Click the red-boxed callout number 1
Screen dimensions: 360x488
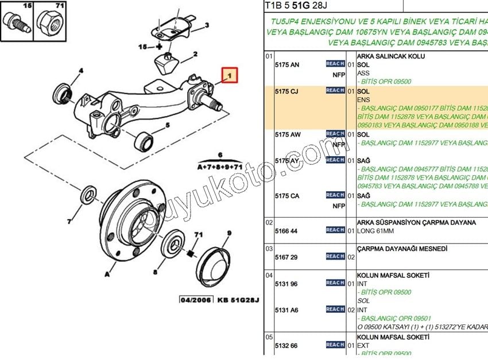(230, 75)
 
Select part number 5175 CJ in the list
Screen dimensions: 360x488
(287, 91)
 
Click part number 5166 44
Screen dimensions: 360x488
(287, 231)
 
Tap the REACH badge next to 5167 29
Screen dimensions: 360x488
(335, 257)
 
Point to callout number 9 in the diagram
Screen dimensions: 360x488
(228, 234)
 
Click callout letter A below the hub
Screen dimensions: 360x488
(107, 274)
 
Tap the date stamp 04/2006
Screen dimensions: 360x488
(196, 300)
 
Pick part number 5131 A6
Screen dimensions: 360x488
(287, 310)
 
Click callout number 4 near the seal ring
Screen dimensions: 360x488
(81, 71)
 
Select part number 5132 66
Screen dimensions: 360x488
(287, 346)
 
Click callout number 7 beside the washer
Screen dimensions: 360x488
(68, 221)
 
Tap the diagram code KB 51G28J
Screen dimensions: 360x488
(238, 300)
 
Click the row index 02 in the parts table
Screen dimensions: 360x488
(269, 222)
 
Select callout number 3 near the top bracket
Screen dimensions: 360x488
(207, 25)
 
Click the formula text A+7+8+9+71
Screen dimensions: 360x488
(220, 167)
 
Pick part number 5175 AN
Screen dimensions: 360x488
(287, 65)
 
